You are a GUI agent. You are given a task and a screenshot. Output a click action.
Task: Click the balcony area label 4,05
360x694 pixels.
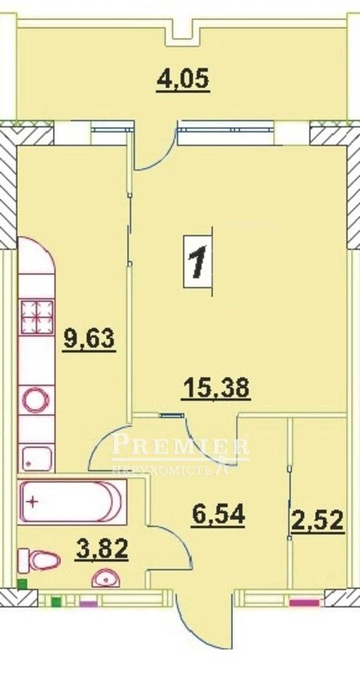pyautogui.click(x=183, y=82)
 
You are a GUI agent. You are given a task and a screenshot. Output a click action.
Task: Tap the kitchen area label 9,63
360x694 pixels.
pyautogui.click(x=89, y=340)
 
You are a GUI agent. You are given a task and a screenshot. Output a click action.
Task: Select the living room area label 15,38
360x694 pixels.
pyautogui.click(x=216, y=388)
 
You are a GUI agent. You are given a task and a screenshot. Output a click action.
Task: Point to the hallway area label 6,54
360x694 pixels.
pyautogui.click(x=219, y=515)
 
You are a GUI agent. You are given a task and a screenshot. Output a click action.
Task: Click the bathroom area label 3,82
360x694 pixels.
pyautogui.click(x=102, y=550)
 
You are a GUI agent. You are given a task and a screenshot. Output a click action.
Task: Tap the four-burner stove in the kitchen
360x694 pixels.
pyautogui.click(x=38, y=317)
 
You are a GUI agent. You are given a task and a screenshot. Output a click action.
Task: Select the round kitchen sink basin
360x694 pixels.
pyautogui.click(x=36, y=401)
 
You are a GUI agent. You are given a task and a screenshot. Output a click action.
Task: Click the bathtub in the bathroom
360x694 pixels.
pyautogui.click(x=72, y=502)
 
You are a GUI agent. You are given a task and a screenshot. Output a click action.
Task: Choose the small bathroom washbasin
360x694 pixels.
pyautogui.click(x=105, y=578)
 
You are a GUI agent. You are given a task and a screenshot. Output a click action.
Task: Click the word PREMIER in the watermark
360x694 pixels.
pyautogui.click(x=180, y=445)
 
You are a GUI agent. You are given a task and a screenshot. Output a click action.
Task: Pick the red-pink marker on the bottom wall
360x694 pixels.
pyautogui.click(x=304, y=602)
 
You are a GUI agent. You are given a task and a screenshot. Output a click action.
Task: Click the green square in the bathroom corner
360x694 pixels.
pyautogui.click(x=22, y=584)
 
